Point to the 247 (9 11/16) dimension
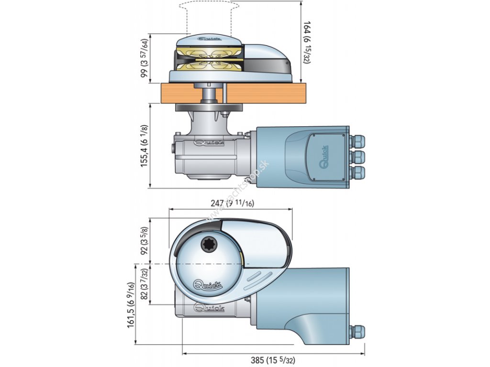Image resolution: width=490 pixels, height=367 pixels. coord(233,203)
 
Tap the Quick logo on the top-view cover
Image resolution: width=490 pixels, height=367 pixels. coord(207,285)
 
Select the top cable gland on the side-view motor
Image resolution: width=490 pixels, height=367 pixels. coord(357,141)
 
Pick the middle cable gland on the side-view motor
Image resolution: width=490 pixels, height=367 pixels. coord(357,156)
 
